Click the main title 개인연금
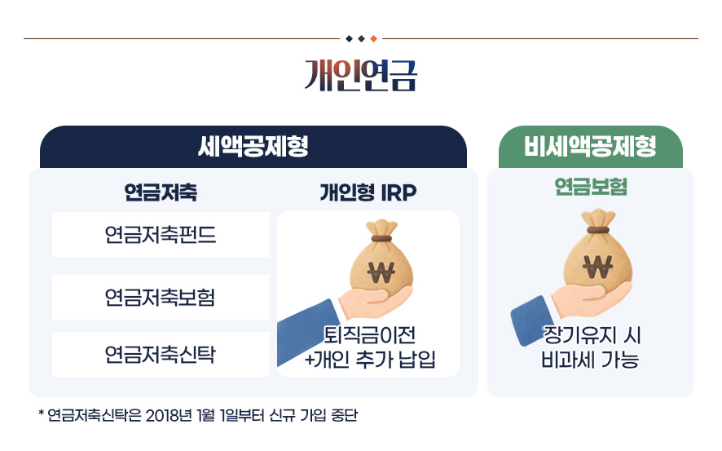(360, 75)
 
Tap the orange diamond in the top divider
(373, 38)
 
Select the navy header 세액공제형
(253, 147)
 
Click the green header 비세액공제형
(590, 147)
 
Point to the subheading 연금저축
(161, 192)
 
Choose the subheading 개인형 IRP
(368, 192)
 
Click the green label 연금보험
(591, 187)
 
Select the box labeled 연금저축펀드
(161, 235)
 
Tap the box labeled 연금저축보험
(161, 297)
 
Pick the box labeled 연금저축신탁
(161, 354)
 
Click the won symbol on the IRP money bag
(381, 272)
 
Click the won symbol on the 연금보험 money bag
(597, 267)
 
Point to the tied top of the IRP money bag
(381, 229)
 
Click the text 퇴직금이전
(369, 335)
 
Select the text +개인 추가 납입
(370, 360)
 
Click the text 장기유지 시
(592, 335)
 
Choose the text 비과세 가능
(590, 360)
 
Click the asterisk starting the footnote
(42, 413)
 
